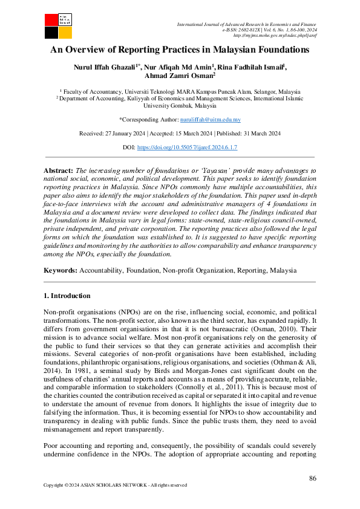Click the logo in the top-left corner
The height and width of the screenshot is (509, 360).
[x=58, y=24]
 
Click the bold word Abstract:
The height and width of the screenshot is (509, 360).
[x=59, y=171]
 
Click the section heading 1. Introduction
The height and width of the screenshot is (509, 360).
[x=68, y=296]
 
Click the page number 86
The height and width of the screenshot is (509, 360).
[x=312, y=478]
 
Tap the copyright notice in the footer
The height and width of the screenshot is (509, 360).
[x=116, y=485]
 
